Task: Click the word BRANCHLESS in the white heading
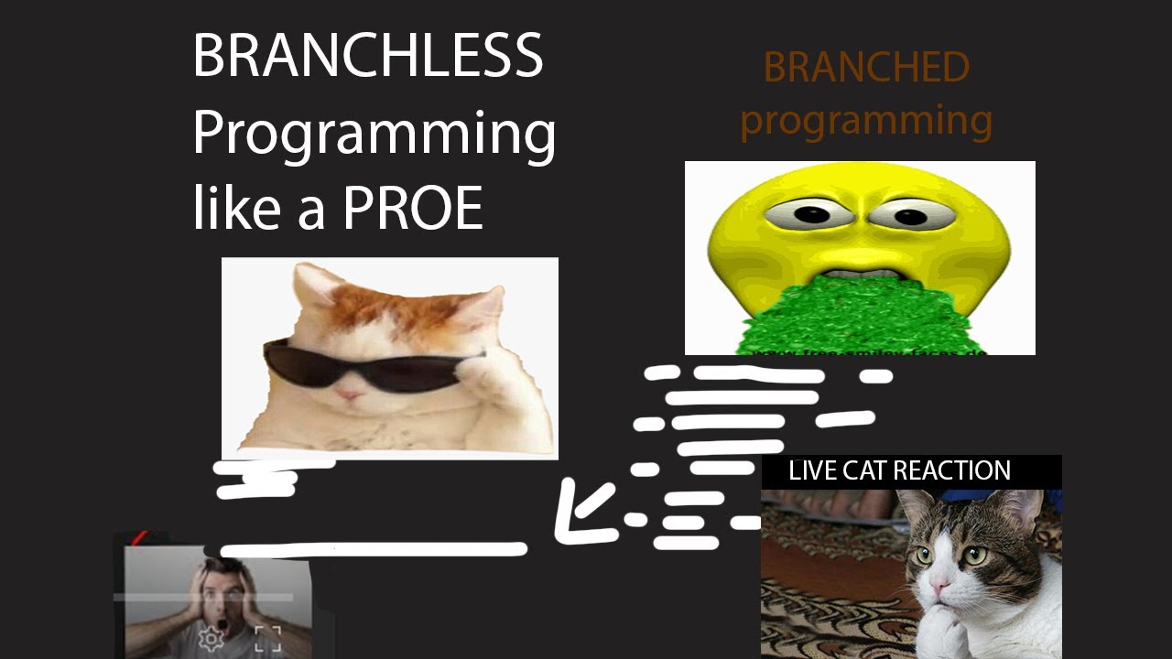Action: coord(367,57)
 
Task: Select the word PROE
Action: coord(412,209)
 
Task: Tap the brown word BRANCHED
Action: coord(865,68)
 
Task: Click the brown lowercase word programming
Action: coord(865,121)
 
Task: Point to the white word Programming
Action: coord(374,134)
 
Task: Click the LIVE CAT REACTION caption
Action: coord(899,470)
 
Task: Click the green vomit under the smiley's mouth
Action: coord(861,316)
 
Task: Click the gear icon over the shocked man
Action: coord(212,638)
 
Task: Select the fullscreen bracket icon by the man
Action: coord(267,639)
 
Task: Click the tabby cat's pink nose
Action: coord(940,584)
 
